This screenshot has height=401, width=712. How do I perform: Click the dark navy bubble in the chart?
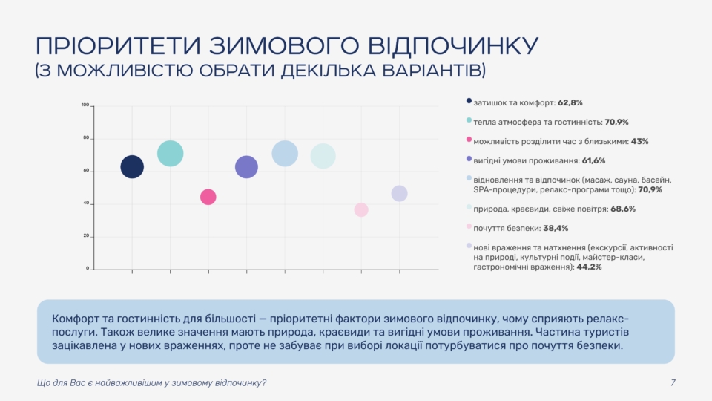tap(132, 167)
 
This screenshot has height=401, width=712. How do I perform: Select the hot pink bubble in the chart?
tap(208, 197)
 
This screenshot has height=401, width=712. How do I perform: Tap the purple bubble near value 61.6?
tap(246, 167)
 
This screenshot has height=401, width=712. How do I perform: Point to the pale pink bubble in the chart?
tap(361, 210)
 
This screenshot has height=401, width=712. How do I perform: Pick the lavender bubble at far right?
tap(399, 193)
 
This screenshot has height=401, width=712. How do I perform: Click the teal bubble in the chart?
tap(170, 154)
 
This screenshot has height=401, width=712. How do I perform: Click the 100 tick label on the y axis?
tap(85, 105)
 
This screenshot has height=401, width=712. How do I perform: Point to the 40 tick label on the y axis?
tap(86, 203)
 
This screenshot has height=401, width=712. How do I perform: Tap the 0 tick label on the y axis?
tap(88, 268)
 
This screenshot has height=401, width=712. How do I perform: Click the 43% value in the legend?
tap(639, 141)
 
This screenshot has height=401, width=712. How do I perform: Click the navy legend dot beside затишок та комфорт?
tap(469, 101)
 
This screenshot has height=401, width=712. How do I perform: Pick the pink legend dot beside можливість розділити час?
tap(469, 140)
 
